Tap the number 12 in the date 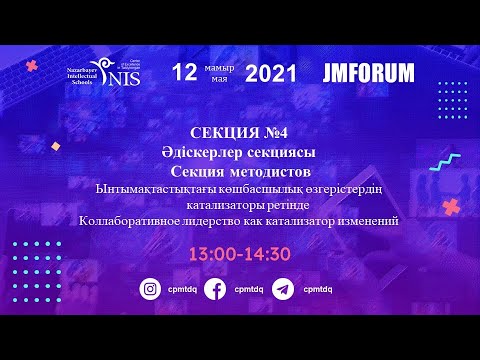tap(184, 72)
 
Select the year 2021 tap(270, 72)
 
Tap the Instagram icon tap(151, 289)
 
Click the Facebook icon tap(214, 289)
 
